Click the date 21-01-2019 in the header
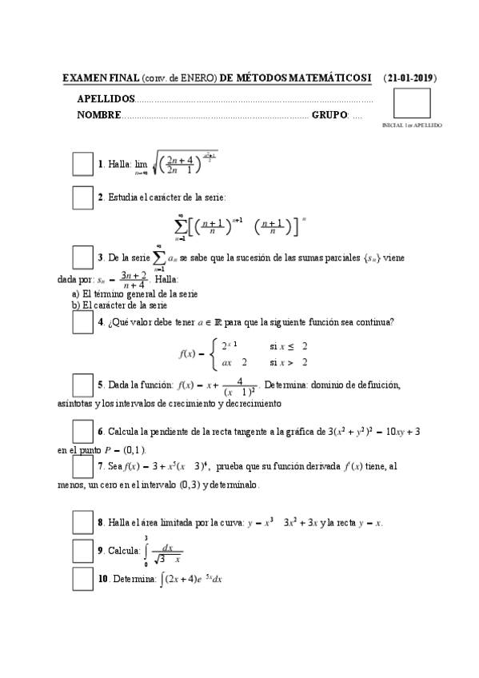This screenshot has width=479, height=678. pos(409,78)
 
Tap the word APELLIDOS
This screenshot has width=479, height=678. pos(106,99)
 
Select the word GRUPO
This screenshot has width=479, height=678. pos(329,115)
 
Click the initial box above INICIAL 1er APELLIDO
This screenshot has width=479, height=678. pos(413,104)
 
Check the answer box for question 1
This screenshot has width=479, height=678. pos(83,163)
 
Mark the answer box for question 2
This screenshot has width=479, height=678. pos(83,197)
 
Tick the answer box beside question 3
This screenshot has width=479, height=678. pos(83,257)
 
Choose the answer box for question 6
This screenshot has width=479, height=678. pos(83,430)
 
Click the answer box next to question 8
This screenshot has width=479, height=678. pos(83,522)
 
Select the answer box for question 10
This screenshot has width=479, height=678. pos(83,578)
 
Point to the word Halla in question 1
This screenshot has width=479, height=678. pos(120,164)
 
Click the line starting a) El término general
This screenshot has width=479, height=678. pos(123,293)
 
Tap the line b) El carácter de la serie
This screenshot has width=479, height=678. pos(118,305)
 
